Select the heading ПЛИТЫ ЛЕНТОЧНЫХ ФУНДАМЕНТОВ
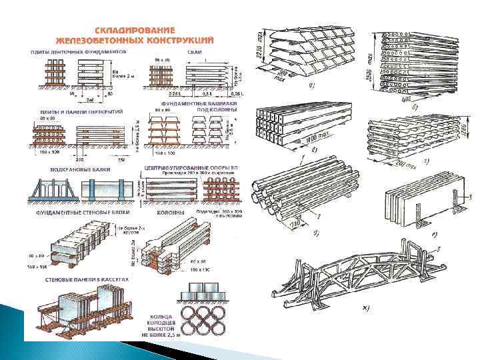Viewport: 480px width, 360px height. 79,50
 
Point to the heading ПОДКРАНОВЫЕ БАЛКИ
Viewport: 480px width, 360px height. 74,170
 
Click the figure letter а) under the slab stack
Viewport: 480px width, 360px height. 312,86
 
